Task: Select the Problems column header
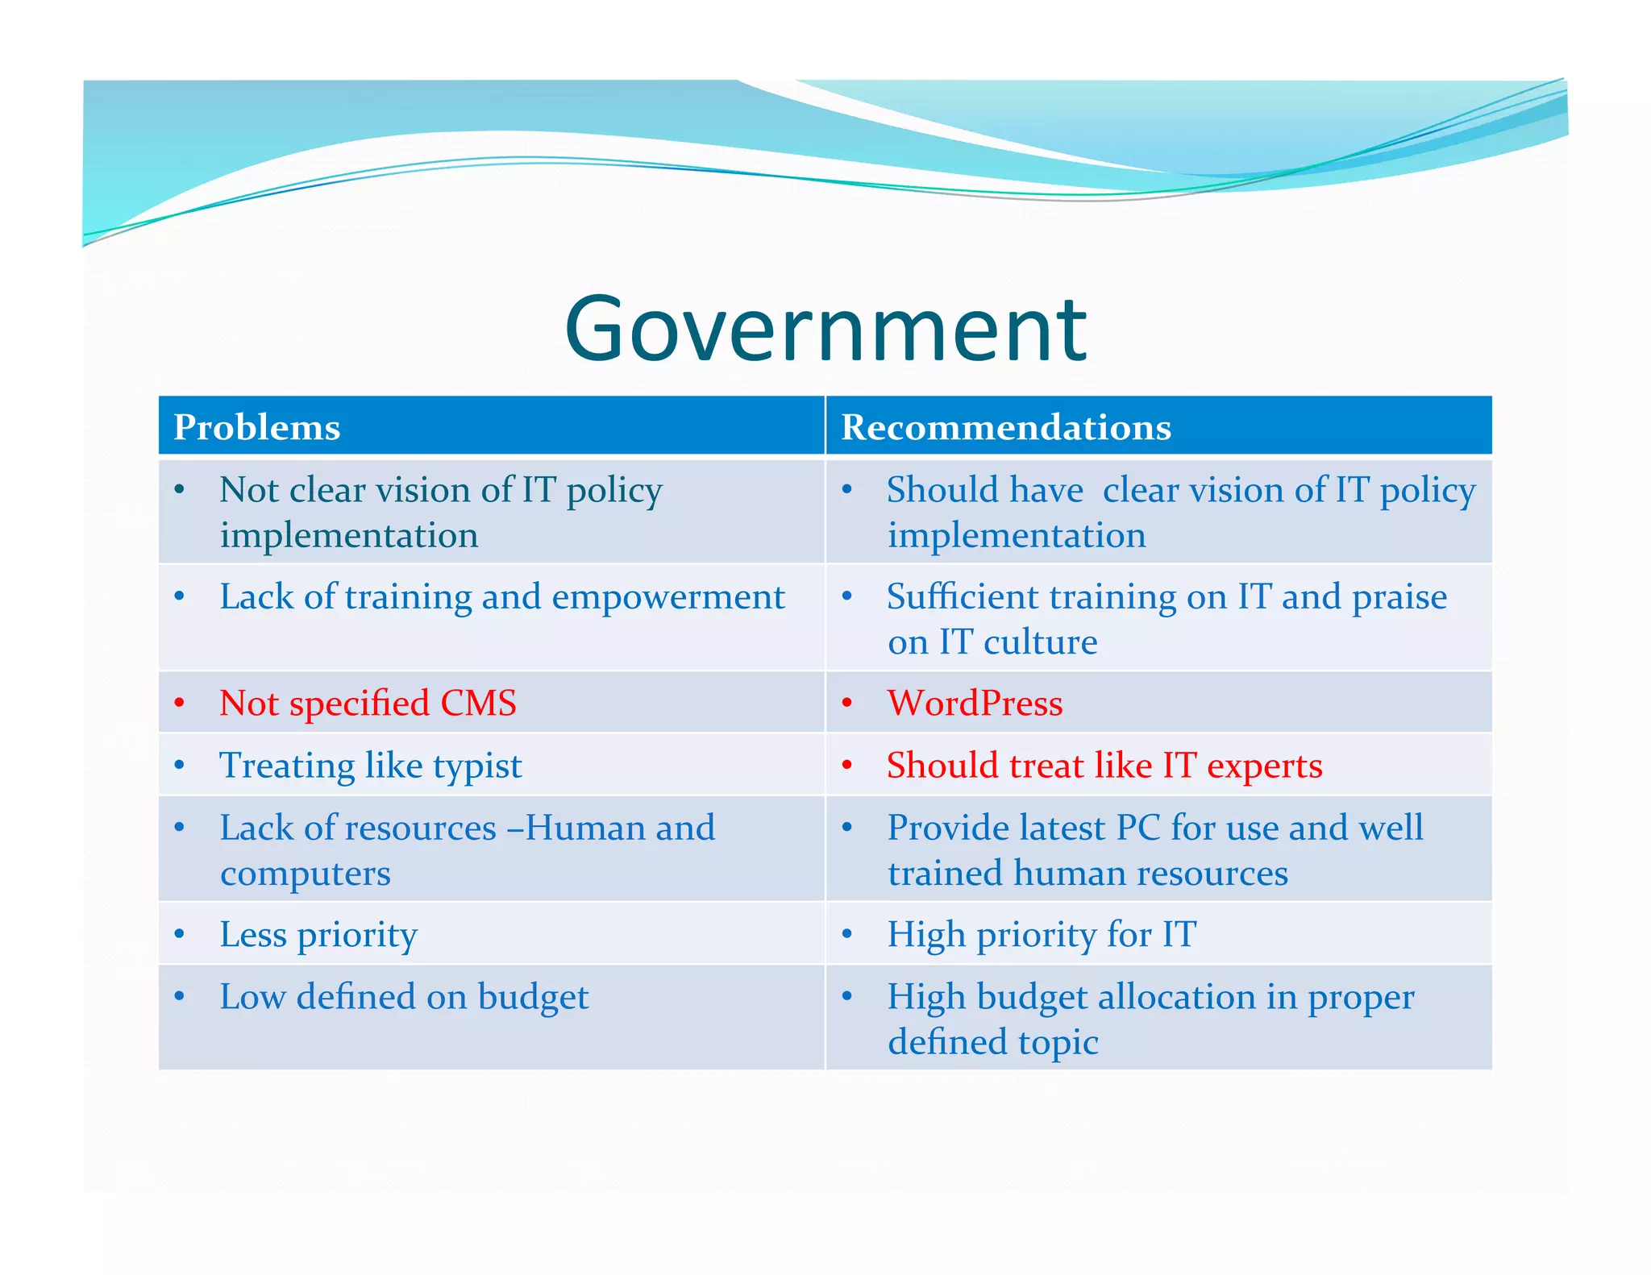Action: tap(257, 427)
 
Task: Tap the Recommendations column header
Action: tap(1005, 427)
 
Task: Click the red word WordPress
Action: tap(975, 703)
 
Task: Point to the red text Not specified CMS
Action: tap(368, 703)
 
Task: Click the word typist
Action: tap(477, 766)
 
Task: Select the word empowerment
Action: tap(667, 597)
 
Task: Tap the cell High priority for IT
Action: tap(1042, 935)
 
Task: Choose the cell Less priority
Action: tap(318, 935)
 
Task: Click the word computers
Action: tap(306, 874)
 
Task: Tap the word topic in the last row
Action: tap(1058, 1042)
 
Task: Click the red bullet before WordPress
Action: tap(846, 703)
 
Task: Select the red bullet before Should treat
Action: tap(846, 765)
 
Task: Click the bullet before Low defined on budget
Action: tap(179, 996)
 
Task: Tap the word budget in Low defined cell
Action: tap(533, 998)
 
